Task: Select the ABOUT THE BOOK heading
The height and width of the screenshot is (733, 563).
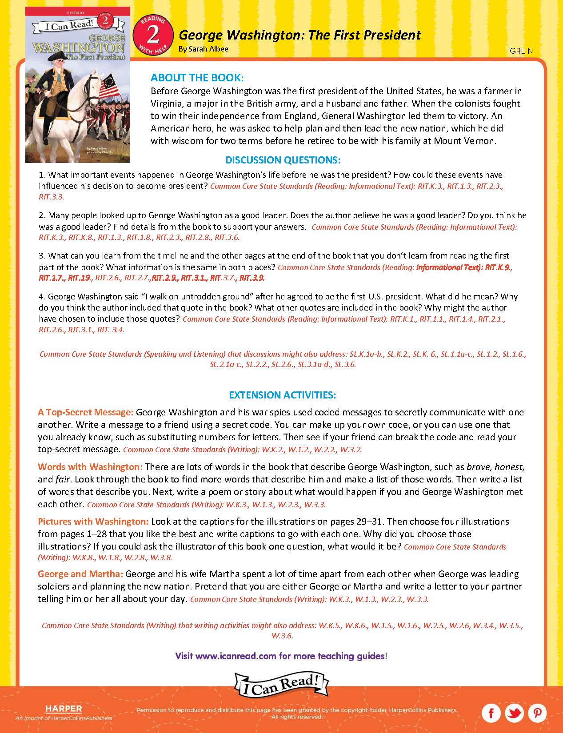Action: tap(197, 78)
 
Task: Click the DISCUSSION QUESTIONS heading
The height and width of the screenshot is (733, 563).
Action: tap(283, 160)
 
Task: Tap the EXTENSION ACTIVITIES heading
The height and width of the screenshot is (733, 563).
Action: tap(282, 394)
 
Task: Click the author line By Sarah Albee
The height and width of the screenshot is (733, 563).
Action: tap(203, 49)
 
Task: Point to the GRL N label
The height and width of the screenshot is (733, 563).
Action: tap(521, 51)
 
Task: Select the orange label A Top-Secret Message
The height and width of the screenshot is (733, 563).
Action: tap(85, 412)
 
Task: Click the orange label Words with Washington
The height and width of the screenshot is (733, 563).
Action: tap(90, 467)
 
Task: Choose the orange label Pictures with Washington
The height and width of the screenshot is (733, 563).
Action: tap(93, 521)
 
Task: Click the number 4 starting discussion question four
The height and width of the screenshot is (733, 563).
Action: tap(42, 296)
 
